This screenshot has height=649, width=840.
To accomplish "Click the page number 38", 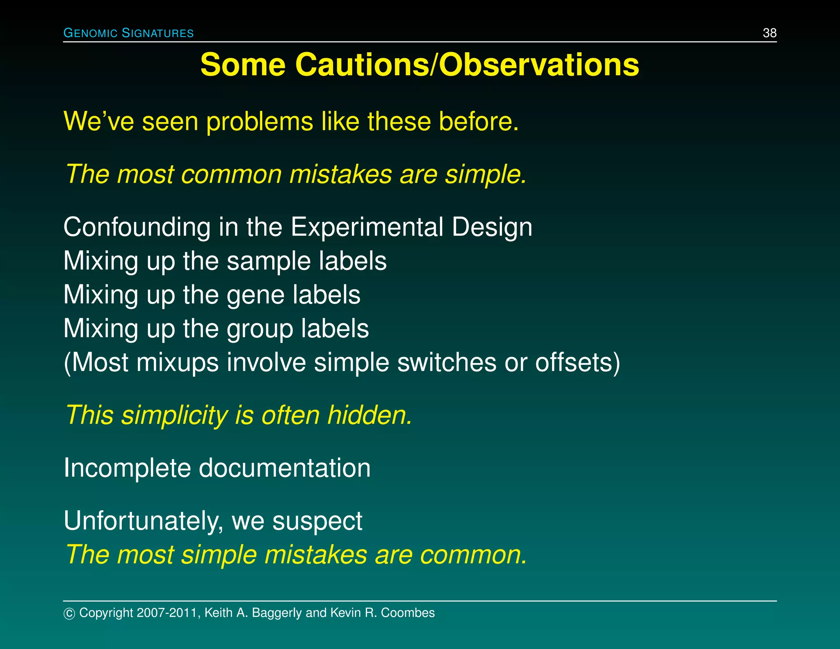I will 769,33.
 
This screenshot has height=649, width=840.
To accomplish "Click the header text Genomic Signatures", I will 128,33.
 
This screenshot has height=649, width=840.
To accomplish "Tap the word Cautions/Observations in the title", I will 467,65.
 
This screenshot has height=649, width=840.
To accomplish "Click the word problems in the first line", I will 259,122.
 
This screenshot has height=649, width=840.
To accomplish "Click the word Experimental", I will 367,227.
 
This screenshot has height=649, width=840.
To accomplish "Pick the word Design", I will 492,227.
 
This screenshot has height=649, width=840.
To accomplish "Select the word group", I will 260,329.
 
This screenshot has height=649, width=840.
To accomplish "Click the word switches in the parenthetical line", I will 446,362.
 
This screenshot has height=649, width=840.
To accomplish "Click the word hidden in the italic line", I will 369,415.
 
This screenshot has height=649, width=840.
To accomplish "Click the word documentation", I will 285,468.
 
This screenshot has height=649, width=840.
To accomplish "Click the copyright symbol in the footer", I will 69,613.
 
